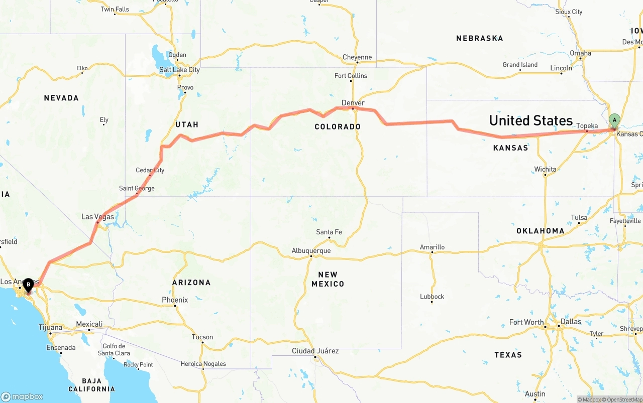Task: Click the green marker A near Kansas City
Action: pyautogui.click(x=614, y=120)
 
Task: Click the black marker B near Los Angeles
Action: pyautogui.click(x=29, y=285)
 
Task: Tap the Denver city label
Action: pyautogui.click(x=353, y=103)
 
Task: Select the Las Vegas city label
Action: pyautogui.click(x=97, y=217)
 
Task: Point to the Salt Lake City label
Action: pyautogui.click(x=179, y=70)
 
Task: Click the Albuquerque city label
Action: pyautogui.click(x=311, y=251)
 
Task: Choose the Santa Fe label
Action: pyautogui.click(x=329, y=232)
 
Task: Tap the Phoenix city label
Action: pyautogui.click(x=175, y=300)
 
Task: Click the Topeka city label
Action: pyautogui.click(x=587, y=126)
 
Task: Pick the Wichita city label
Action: pyautogui.click(x=545, y=169)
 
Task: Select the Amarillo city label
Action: pyautogui.click(x=432, y=247)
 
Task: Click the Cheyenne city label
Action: pyautogui.click(x=357, y=57)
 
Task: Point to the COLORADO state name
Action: pyautogui.click(x=338, y=126)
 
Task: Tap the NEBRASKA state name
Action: pyautogui.click(x=479, y=38)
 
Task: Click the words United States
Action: pyautogui.click(x=530, y=120)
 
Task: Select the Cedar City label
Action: pyautogui.click(x=150, y=170)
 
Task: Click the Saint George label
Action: pyautogui.click(x=137, y=188)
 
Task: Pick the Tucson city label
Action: pyautogui.click(x=202, y=337)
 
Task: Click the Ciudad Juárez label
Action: pyautogui.click(x=315, y=351)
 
